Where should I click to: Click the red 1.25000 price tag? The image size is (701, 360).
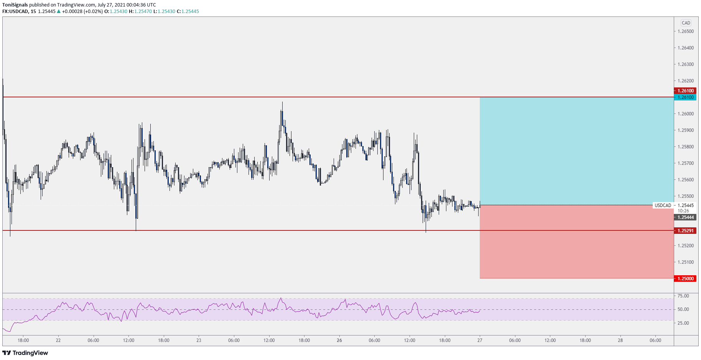[685, 279]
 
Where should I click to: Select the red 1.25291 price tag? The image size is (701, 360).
[685, 231]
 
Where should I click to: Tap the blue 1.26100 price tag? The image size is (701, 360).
[685, 97]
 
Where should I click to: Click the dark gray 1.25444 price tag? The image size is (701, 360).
[685, 217]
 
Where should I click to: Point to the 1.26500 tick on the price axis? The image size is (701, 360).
[685, 31]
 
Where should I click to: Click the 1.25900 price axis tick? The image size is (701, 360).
[685, 130]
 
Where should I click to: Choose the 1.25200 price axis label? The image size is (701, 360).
[685, 246]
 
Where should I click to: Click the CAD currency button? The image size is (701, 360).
[686, 23]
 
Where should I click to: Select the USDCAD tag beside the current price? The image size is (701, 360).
[663, 205]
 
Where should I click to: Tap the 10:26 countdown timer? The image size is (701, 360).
[683, 211]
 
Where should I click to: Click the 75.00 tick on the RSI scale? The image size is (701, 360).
[683, 296]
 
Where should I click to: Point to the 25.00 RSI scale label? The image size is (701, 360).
[683, 323]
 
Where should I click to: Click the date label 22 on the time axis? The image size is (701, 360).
[58, 340]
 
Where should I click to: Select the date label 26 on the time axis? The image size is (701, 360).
[339, 340]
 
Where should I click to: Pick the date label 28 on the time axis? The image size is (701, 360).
[620, 340]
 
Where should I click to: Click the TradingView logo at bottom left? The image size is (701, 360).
[25, 353]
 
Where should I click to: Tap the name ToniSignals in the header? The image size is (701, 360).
[15, 5]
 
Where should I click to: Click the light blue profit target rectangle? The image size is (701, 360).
[576, 151]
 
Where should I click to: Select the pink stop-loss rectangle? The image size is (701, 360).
[576, 242]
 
